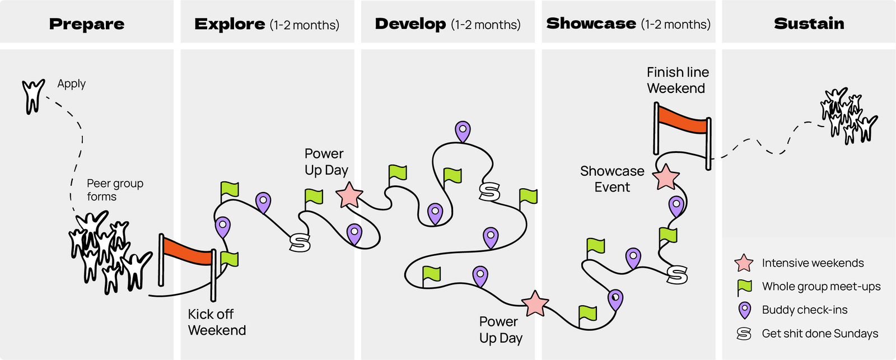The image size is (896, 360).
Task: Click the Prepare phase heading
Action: pos(87,24)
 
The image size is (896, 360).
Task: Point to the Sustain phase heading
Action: pos(809,24)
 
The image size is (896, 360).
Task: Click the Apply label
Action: pos(72,84)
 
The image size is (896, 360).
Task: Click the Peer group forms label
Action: pos(115,190)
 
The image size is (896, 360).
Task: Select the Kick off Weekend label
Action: pos(217,322)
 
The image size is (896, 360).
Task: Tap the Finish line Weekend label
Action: pos(678,80)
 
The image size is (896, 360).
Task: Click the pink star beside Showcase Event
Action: pos(666,177)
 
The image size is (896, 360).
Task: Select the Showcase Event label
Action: pos(612,179)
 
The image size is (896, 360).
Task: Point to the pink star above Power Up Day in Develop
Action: pos(535,303)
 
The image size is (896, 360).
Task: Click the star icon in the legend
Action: pos(744,263)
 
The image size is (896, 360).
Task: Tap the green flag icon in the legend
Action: pos(744,287)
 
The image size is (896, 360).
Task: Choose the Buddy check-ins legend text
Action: pos(804,310)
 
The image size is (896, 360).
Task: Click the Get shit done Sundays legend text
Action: pos(820,334)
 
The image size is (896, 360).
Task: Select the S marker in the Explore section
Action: pos(300,242)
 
